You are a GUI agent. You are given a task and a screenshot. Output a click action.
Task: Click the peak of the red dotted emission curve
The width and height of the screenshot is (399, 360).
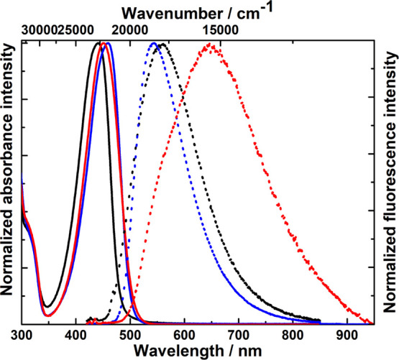210,44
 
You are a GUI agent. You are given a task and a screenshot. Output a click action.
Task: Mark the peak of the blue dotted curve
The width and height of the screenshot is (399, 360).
153,44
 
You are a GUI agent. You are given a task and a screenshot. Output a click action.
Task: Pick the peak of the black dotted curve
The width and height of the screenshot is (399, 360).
162,44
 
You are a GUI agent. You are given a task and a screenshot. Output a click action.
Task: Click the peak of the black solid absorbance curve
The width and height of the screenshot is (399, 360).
99,43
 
